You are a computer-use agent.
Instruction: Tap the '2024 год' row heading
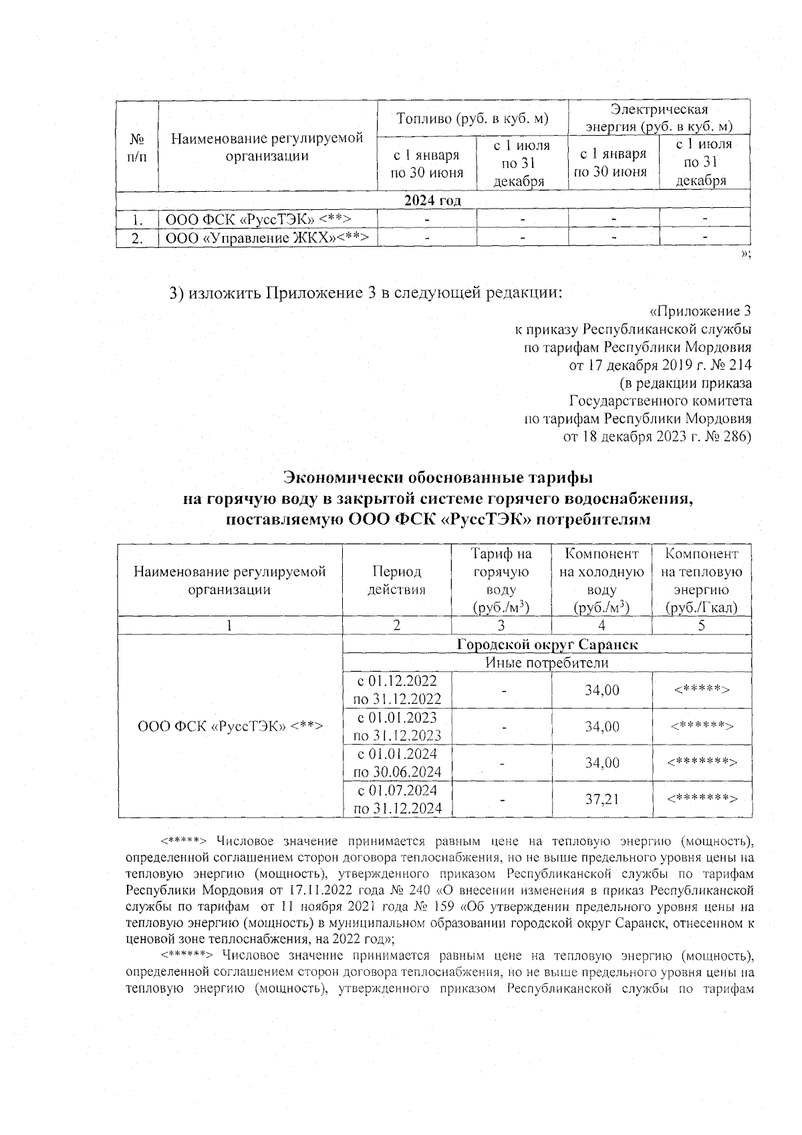[432, 201]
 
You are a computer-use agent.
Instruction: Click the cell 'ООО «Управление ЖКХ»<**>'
[267, 237]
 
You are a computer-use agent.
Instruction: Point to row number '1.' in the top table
[137, 219]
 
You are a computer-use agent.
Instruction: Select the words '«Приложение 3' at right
[700, 311]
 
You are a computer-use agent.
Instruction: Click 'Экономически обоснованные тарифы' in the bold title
[438, 478]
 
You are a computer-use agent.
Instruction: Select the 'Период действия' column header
[397, 581]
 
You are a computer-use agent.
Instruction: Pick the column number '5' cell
[701, 626]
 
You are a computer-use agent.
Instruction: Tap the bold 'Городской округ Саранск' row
[547, 645]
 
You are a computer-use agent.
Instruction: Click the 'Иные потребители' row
[547, 663]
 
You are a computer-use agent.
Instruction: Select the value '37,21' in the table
[602, 799]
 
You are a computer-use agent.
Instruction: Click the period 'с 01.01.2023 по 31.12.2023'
[397, 727]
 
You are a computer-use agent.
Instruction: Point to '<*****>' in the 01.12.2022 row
[701, 690]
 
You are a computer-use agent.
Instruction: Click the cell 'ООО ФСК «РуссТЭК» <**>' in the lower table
[231, 727]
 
